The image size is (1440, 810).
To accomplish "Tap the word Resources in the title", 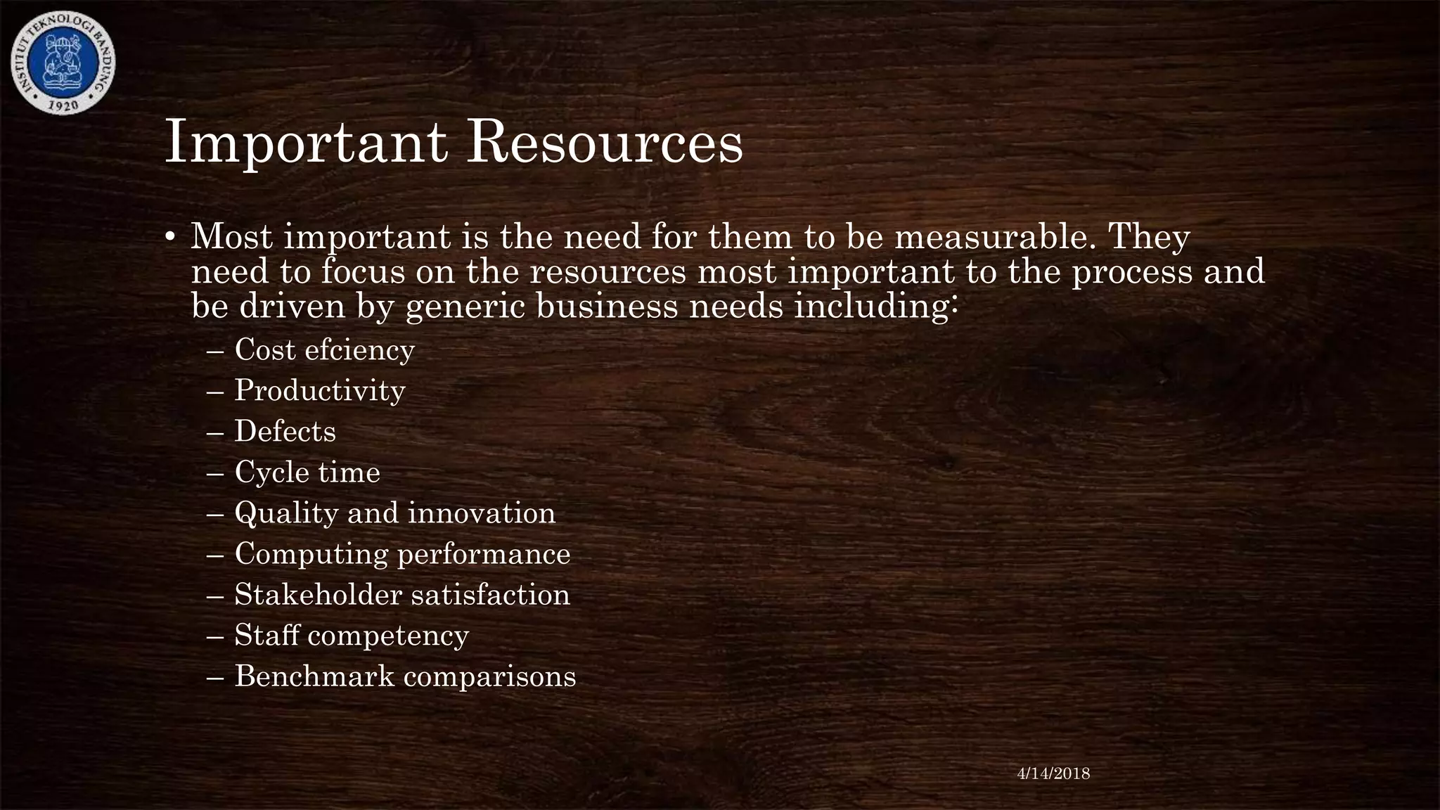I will tap(605, 143).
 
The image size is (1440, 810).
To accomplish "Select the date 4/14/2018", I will tap(1053, 773).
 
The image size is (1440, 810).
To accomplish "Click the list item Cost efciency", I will tap(324, 350).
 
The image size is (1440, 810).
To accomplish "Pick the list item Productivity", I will tap(320, 391).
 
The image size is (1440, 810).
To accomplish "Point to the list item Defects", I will tap(285, 432).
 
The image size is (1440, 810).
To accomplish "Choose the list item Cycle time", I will tap(307, 472).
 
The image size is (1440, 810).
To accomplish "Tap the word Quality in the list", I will tap(286, 513).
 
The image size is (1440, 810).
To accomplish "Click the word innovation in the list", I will tap(482, 513).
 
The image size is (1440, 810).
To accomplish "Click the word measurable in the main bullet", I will tap(996, 237).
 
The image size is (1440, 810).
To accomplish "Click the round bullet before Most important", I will tap(170, 239).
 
